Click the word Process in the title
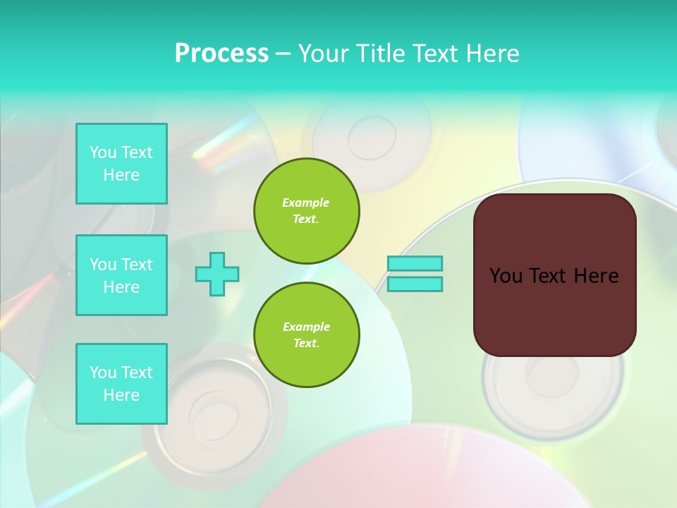coord(221,53)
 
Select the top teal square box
coord(121,164)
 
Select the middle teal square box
coord(121,275)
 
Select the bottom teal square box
coord(121,384)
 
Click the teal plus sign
coord(217,274)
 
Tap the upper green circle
coord(307,211)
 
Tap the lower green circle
coord(307,335)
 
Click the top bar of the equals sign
coord(415,263)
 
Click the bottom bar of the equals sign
coord(415,284)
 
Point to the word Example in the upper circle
coord(306,202)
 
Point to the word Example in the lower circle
coord(306,327)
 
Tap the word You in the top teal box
coord(103,152)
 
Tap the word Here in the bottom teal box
coord(121,395)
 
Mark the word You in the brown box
coord(506,276)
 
